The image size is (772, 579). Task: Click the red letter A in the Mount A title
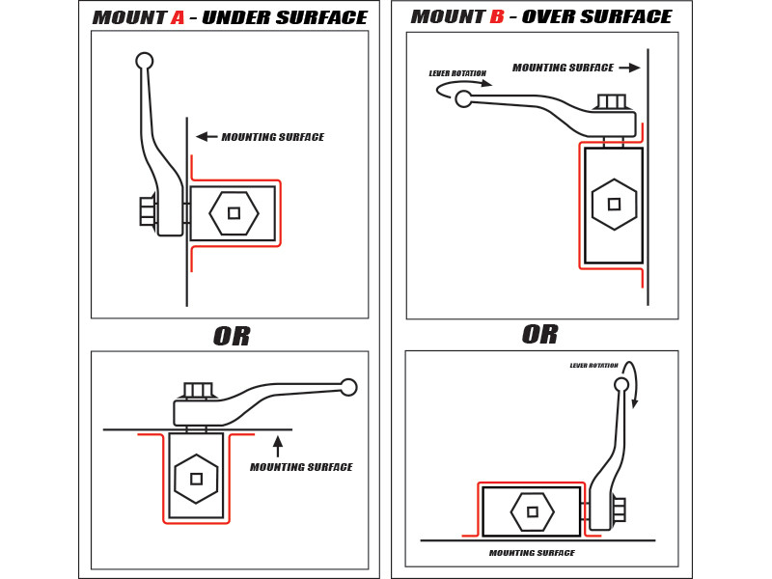[178, 18]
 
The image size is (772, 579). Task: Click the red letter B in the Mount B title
[497, 17]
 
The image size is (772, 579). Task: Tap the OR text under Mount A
[232, 337]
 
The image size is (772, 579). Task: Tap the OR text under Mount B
[540, 335]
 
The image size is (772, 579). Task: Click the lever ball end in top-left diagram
[145, 61]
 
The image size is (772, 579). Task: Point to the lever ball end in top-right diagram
[464, 98]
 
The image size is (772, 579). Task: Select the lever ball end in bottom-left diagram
[348, 387]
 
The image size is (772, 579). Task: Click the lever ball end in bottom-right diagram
[621, 384]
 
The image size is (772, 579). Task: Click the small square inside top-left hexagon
[234, 213]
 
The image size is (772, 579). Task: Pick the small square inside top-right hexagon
[614, 205]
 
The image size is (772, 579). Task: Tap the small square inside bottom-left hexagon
[196, 479]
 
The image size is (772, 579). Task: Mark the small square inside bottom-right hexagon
[533, 511]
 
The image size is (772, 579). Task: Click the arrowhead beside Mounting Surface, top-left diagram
[202, 137]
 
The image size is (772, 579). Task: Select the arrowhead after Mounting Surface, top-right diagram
[634, 68]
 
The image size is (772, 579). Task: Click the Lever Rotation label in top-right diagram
[457, 73]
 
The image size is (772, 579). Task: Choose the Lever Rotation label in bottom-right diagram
[593, 366]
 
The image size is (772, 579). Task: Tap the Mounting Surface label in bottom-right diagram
[532, 553]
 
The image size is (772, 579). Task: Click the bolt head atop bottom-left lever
[198, 390]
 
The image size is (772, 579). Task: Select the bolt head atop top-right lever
[612, 101]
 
